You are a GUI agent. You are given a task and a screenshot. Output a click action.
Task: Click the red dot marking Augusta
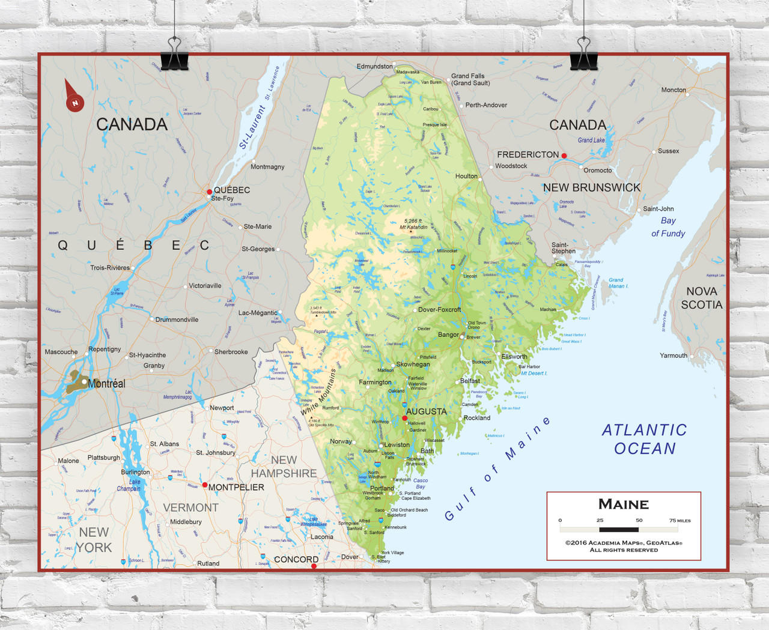pyautogui.click(x=405, y=417)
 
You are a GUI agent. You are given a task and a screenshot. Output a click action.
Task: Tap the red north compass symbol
pyautogui.click(x=74, y=99)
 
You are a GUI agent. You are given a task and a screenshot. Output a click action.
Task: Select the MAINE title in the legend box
pyautogui.click(x=623, y=504)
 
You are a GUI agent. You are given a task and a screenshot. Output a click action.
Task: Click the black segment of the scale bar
pyautogui.click(x=619, y=530)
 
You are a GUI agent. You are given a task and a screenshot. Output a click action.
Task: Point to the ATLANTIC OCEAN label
pyautogui.click(x=645, y=439)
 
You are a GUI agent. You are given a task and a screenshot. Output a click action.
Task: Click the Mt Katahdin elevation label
pyautogui.click(x=414, y=224)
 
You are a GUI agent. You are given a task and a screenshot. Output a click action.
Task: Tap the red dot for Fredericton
pyautogui.click(x=564, y=156)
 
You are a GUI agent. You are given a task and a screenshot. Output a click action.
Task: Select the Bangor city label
pyautogui.click(x=448, y=335)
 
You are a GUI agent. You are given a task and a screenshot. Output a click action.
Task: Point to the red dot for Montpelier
pyautogui.click(x=205, y=485)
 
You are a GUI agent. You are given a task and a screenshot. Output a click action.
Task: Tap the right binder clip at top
pyautogui.click(x=583, y=55)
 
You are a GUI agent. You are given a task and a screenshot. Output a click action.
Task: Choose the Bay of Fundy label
pyautogui.click(x=667, y=227)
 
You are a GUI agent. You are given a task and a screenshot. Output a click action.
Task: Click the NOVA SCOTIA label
pyautogui.click(x=701, y=298)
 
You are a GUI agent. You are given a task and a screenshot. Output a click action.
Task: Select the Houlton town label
pyautogui.click(x=466, y=176)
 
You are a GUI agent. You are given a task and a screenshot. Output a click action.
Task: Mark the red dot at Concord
pyautogui.click(x=314, y=566)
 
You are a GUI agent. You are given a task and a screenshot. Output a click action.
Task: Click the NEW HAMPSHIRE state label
pyautogui.click(x=284, y=467)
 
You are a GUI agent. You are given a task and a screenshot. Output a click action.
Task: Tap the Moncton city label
pyautogui.click(x=673, y=90)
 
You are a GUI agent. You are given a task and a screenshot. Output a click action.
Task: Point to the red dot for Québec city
pyautogui.click(x=209, y=192)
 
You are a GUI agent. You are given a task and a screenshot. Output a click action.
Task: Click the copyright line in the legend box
pyautogui.click(x=624, y=543)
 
